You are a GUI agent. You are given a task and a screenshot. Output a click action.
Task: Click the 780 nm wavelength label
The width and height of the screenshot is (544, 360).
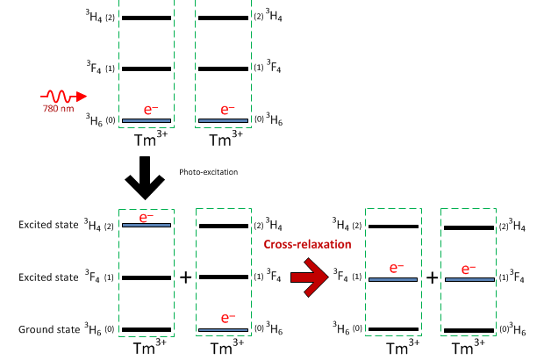(x=58, y=109)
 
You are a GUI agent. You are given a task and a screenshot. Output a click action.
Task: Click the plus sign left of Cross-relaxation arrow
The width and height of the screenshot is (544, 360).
(x=185, y=277)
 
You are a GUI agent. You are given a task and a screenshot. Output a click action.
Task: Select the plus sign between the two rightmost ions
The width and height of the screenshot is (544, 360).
(x=432, y=277)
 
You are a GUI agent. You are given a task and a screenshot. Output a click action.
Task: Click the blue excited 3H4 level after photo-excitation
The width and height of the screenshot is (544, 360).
(x=147, y=226)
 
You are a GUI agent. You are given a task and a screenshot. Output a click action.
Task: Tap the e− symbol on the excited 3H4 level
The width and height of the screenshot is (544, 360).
(x=147, y=216)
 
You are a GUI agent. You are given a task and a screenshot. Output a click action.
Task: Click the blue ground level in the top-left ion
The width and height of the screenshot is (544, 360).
(x=147, y=120)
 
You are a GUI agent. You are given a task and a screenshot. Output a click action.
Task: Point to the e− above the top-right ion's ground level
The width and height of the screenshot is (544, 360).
(x=227, y=110)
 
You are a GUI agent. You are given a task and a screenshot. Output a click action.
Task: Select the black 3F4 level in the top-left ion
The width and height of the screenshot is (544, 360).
(x=147, y=68)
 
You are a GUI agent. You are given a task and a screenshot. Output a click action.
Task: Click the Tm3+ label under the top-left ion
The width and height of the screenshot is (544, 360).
(x=147, y=140)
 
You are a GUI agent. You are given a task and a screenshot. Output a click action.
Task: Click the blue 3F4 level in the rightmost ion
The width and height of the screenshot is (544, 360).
(x=469, y=279)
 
